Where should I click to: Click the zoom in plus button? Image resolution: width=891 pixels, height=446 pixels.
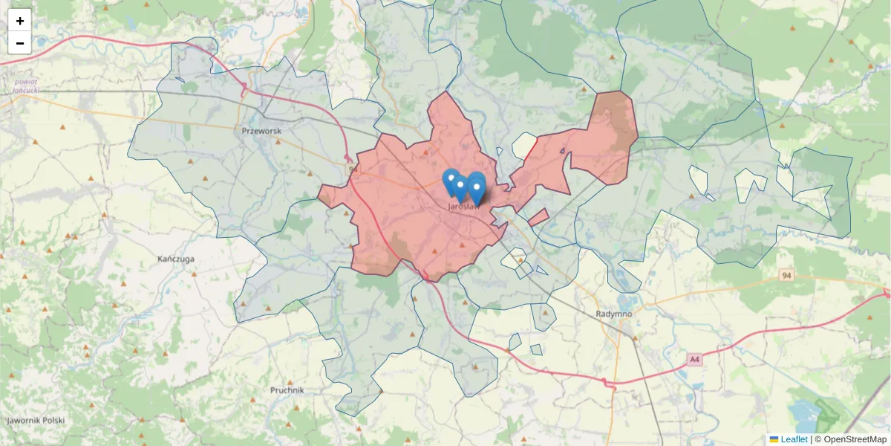[x=20, y=21]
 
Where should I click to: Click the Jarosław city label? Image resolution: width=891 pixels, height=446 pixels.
[x=463, y=207]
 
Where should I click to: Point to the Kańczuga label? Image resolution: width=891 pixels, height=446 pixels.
[x=176, y=259]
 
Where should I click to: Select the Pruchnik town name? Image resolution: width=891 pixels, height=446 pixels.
[x=287, y=390]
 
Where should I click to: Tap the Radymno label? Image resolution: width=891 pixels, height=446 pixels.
[x=613, y=314]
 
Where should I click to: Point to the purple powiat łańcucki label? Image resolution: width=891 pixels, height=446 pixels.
[x=25, y=85]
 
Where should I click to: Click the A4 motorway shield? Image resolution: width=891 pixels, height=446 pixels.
[x=694, y=360]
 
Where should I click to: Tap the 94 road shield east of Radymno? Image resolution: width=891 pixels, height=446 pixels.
[x=786, y=276]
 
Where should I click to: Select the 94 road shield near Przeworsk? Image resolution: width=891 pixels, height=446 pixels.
[x=352, y=170]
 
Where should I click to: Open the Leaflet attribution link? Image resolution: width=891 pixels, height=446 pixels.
[x=794, y=439]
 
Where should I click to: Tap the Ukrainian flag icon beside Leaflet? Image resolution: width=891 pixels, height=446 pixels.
[x=774, y=439]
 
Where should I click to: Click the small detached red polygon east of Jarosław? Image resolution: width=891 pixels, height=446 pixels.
[x=539, y=217]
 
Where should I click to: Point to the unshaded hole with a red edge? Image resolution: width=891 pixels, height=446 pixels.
[x=524, y=146]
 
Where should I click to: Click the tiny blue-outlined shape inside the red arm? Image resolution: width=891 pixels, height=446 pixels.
[x=562, y=151]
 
